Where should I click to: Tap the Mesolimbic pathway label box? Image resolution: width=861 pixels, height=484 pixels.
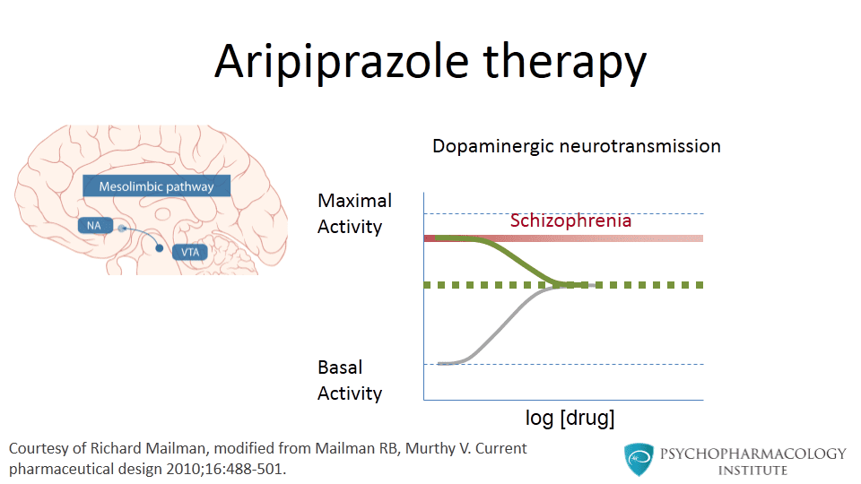click(157, 186)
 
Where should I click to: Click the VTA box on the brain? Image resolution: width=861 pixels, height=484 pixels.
click(189, 252)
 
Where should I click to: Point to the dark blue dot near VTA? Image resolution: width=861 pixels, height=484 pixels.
click(160, 247)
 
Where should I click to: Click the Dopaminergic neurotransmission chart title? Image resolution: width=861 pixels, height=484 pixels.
click(576, 145)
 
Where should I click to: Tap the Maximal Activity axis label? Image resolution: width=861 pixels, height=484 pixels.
click(355, 213)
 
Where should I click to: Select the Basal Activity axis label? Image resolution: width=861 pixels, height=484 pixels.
click(350, 380)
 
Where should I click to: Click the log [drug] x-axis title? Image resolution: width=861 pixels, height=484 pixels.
click(570, 418)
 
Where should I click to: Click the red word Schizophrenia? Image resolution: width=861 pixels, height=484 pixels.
click(570, 220)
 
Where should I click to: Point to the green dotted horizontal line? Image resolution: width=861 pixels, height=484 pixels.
click(646, 285)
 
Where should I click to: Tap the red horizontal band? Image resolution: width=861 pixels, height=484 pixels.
click(646, 238)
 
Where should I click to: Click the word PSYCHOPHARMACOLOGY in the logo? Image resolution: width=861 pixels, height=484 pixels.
click(752, 454)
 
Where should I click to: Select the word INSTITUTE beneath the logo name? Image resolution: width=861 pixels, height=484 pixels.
click(752, 470)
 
